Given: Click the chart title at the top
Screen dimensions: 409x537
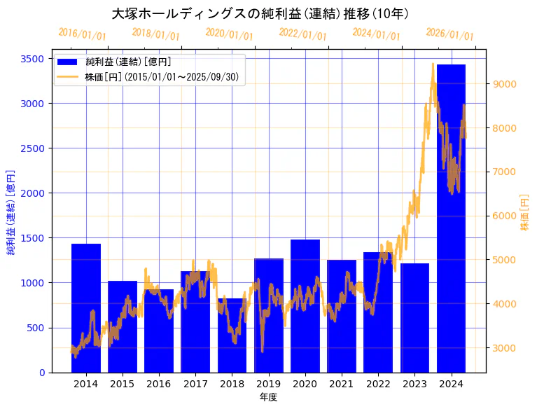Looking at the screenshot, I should (260, 14).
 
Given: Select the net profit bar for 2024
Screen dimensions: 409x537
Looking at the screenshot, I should (451, 218).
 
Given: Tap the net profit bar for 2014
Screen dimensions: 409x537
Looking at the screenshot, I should (86, 307).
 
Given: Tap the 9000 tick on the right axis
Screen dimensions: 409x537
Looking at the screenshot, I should (505, 84).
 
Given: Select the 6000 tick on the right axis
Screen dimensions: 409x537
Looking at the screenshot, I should (505, 216).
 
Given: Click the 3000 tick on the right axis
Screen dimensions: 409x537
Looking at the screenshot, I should (505, 348).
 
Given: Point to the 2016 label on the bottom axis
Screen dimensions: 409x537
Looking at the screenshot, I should (159, 384).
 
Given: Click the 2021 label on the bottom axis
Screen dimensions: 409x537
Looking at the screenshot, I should (342, 384).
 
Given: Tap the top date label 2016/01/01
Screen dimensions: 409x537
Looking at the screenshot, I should (82, 34).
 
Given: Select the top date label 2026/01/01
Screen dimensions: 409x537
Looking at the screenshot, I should (449, 34).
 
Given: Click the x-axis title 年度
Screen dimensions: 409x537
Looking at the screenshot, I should (269, 397).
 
